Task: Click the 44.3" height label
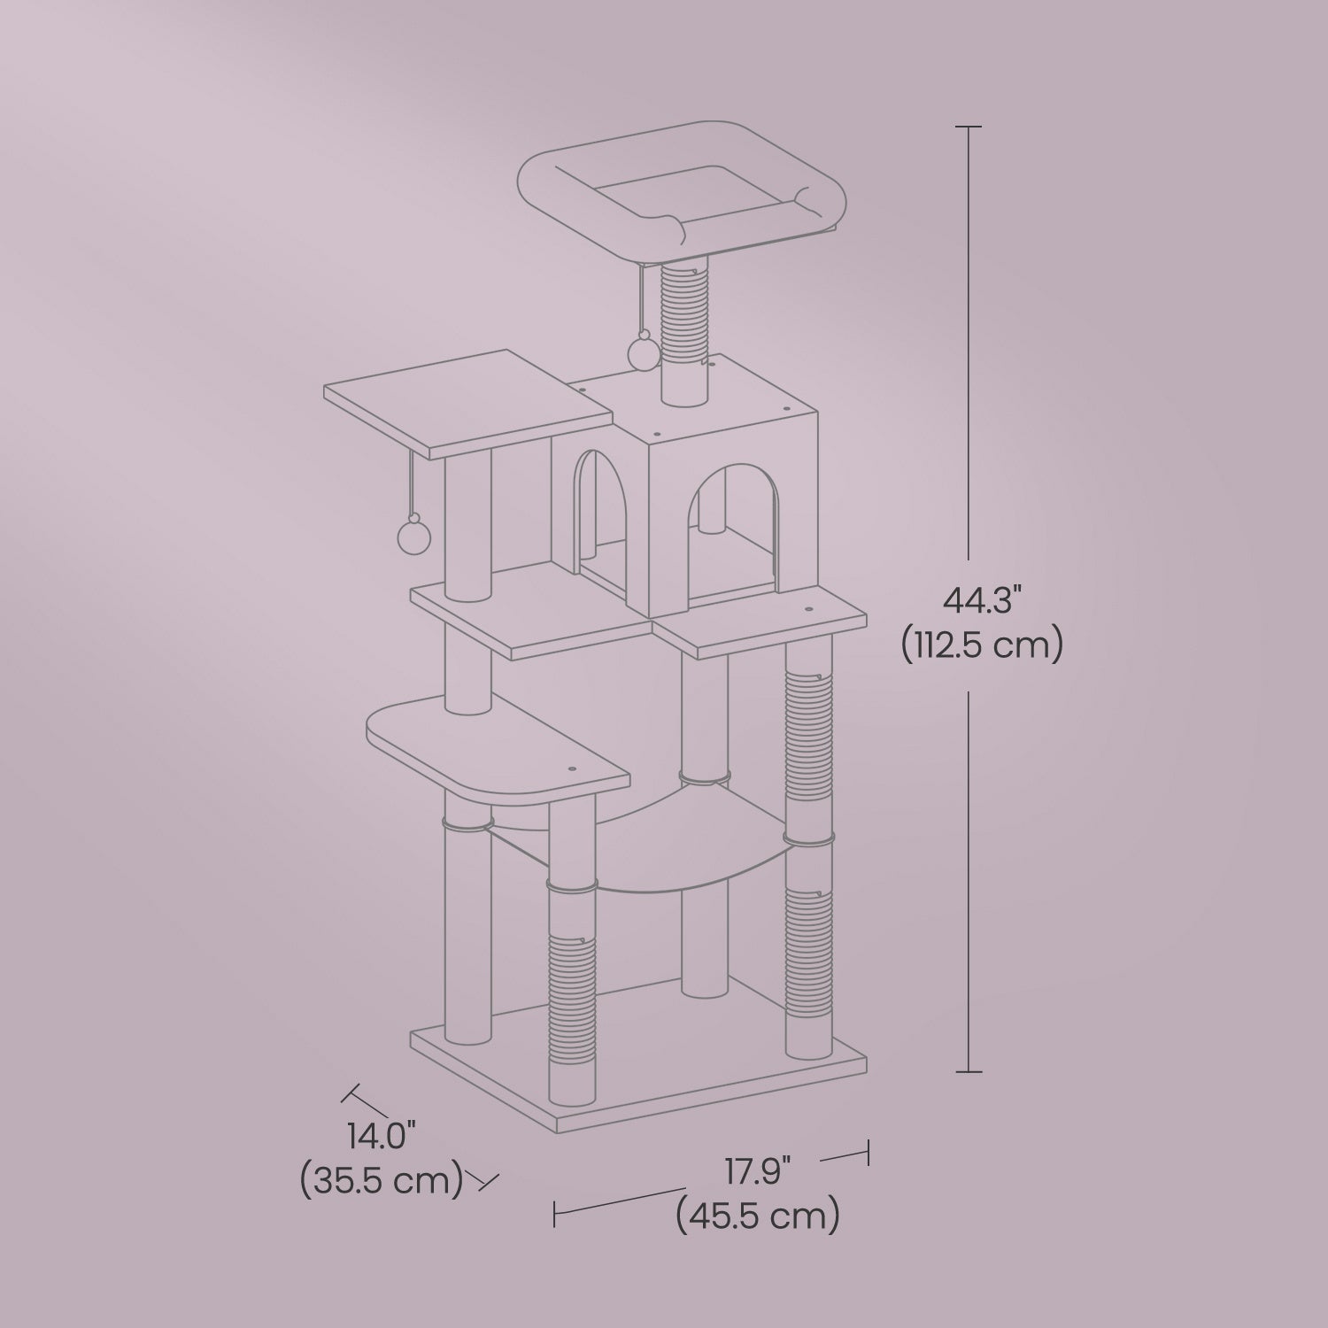pos(981,601)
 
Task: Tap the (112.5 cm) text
pos(981,645)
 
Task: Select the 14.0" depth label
pos(382,1136)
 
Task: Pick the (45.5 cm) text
pos(757,1217)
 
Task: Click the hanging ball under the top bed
pos(640,355)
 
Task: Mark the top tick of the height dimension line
pos(969,127)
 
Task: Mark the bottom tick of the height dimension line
pos(969,1072)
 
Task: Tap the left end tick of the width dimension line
pos(554,1213)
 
